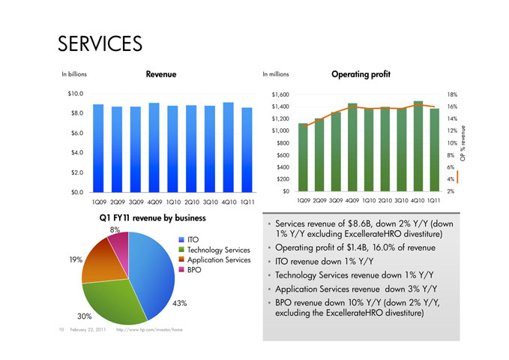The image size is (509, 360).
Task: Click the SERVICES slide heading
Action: pyautogui.click(x=100, y=43)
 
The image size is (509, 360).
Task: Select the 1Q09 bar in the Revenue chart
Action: pyautogui.click(x=98, y=148)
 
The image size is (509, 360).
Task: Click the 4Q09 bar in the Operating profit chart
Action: pyautogui.click(x=352, y=147)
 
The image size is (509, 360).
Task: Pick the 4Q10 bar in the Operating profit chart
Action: pyautogui.click(x=418, y=146)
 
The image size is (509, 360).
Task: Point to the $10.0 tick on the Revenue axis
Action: pyautogui.click(x=73, y=94)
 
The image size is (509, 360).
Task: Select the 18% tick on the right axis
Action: pyautogui.click(x=453, y=95)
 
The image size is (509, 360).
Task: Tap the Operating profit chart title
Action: pyautogui.click(x=361, y=74)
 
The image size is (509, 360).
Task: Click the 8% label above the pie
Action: pyautogui.click(x=115, y=229)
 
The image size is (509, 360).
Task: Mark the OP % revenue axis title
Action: pyautogui.click(x=464, y=142)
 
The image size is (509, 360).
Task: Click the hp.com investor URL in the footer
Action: pyautogui.click(x=150, y=330)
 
